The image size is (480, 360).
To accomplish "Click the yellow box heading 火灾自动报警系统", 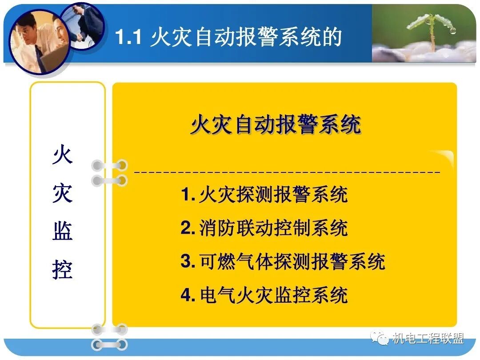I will point(276,125).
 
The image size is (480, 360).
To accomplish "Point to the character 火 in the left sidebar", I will point(63,156).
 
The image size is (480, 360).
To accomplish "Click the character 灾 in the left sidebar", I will point(63,194).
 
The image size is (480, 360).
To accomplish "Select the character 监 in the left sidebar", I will point(63,232).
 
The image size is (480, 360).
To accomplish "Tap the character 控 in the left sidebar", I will point(63,269).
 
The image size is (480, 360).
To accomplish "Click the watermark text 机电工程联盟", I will point(428,339).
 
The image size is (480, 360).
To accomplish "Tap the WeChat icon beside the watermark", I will point(381,339).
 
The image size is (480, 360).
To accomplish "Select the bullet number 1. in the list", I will point(188,195).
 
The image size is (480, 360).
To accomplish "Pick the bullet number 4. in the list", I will point(188,295).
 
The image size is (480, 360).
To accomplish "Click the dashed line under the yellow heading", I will point(287,171).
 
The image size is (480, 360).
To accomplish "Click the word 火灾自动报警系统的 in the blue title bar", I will point(246,37).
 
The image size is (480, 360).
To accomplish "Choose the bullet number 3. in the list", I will point(188,262).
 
